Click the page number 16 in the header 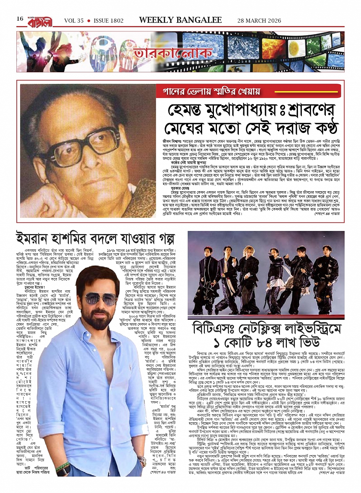19,19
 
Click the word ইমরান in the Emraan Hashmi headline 36,238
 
